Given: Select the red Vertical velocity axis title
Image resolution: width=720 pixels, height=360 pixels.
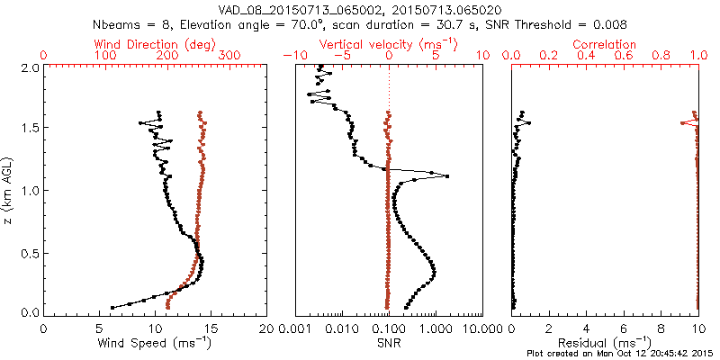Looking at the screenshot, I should pyautogui.click(x=389, y=44).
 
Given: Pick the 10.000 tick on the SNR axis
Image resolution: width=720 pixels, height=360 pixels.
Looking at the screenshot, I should pyautogui.click(x=478, y=328).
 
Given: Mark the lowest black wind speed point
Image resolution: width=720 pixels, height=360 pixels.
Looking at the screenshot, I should pyautogui.click(x=112, y=307).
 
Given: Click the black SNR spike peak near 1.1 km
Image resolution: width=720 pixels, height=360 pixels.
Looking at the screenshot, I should pyautogui.click(x=447, y=176).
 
